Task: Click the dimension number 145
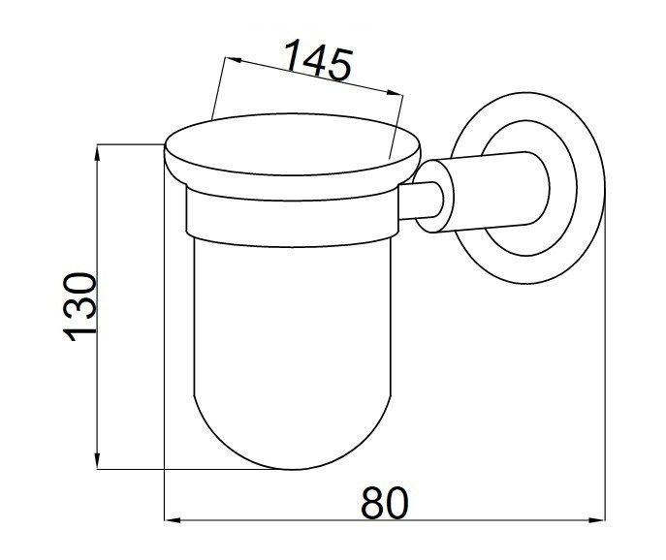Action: pos(318,59)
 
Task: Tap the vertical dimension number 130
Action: pos(79,306)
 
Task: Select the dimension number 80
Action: pos(385,503)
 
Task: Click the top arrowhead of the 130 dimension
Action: pos(98,152)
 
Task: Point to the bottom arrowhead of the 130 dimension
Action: pos(98,461)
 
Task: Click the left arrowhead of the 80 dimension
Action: pos(173,519)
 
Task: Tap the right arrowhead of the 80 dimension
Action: pos(597,519)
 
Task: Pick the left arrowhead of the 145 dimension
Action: pos(235,60)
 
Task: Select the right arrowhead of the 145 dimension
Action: pos(395,93)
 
